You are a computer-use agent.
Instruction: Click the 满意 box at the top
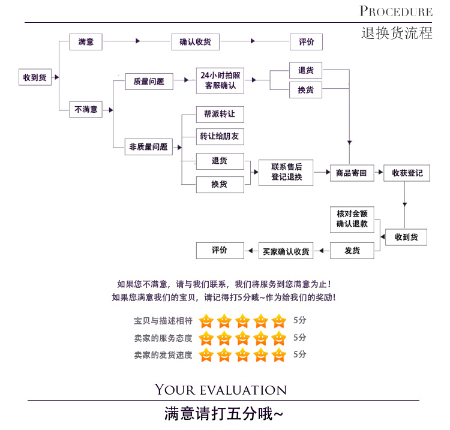[x=86, y=42]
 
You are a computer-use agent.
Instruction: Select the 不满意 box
[x=86, y=109]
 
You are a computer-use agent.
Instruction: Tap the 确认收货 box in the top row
[x=195, y=42]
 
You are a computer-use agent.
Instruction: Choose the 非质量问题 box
[x=148, y=146]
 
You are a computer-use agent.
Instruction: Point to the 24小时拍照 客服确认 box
[x=220, y=81]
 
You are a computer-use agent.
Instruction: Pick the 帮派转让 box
[x=220, y=114]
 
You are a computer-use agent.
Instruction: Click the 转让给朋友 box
[x=220, y=136]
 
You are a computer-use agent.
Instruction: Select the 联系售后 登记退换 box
[x=286, y=173]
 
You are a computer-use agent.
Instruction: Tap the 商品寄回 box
[x=352, y=173]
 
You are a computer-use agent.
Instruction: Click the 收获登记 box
[x=407, y=173]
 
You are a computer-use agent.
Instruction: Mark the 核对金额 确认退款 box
[x=352, y=219]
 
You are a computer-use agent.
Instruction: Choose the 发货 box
[x=352, y=251]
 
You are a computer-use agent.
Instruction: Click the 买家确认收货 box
[x=286, y=251]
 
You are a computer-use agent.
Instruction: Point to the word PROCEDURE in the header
[x=396, y=11]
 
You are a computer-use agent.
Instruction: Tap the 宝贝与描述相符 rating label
[x=163, y=321]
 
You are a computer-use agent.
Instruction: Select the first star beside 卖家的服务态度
[x=206, y=338]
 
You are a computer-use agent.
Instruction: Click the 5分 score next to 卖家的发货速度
[x=300, y=354]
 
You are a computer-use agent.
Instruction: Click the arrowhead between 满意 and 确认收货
[x=138, y=41]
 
